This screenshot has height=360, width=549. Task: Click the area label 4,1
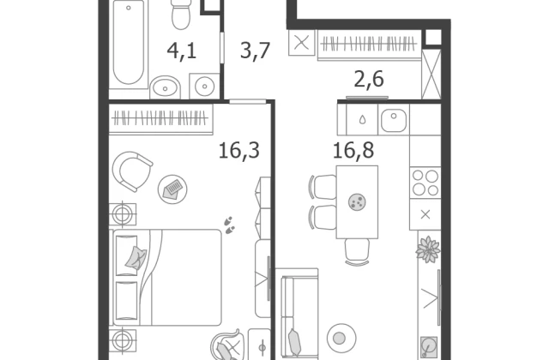(x=181, y=51)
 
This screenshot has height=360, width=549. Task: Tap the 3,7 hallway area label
(x=255, y=51)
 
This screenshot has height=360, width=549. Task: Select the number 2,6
(x=369, y=79)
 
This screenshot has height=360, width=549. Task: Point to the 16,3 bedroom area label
(x=238, y=151)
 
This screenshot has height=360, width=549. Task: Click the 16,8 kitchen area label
(x=353, y=151)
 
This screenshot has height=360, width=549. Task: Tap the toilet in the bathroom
(x=181, y=14)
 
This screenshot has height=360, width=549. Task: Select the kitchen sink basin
(x=394, y=120)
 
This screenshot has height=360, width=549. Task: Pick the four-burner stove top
(x=425, y=183)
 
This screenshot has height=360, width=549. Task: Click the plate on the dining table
(x=357, y=202)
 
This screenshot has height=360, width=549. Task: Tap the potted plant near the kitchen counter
(x=428, y=249)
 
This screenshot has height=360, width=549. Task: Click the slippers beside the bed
(x=230, y=225)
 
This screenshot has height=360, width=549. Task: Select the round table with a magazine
(x=172, y=189)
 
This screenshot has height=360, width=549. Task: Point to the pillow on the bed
(x=136, y=258)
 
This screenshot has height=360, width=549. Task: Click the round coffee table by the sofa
(x=341, y=338)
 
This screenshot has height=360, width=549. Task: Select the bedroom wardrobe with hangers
(x=160, y=119)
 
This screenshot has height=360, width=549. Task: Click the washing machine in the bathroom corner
(x=204, y=86)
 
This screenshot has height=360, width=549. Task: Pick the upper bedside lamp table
(x=123, y=213)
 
